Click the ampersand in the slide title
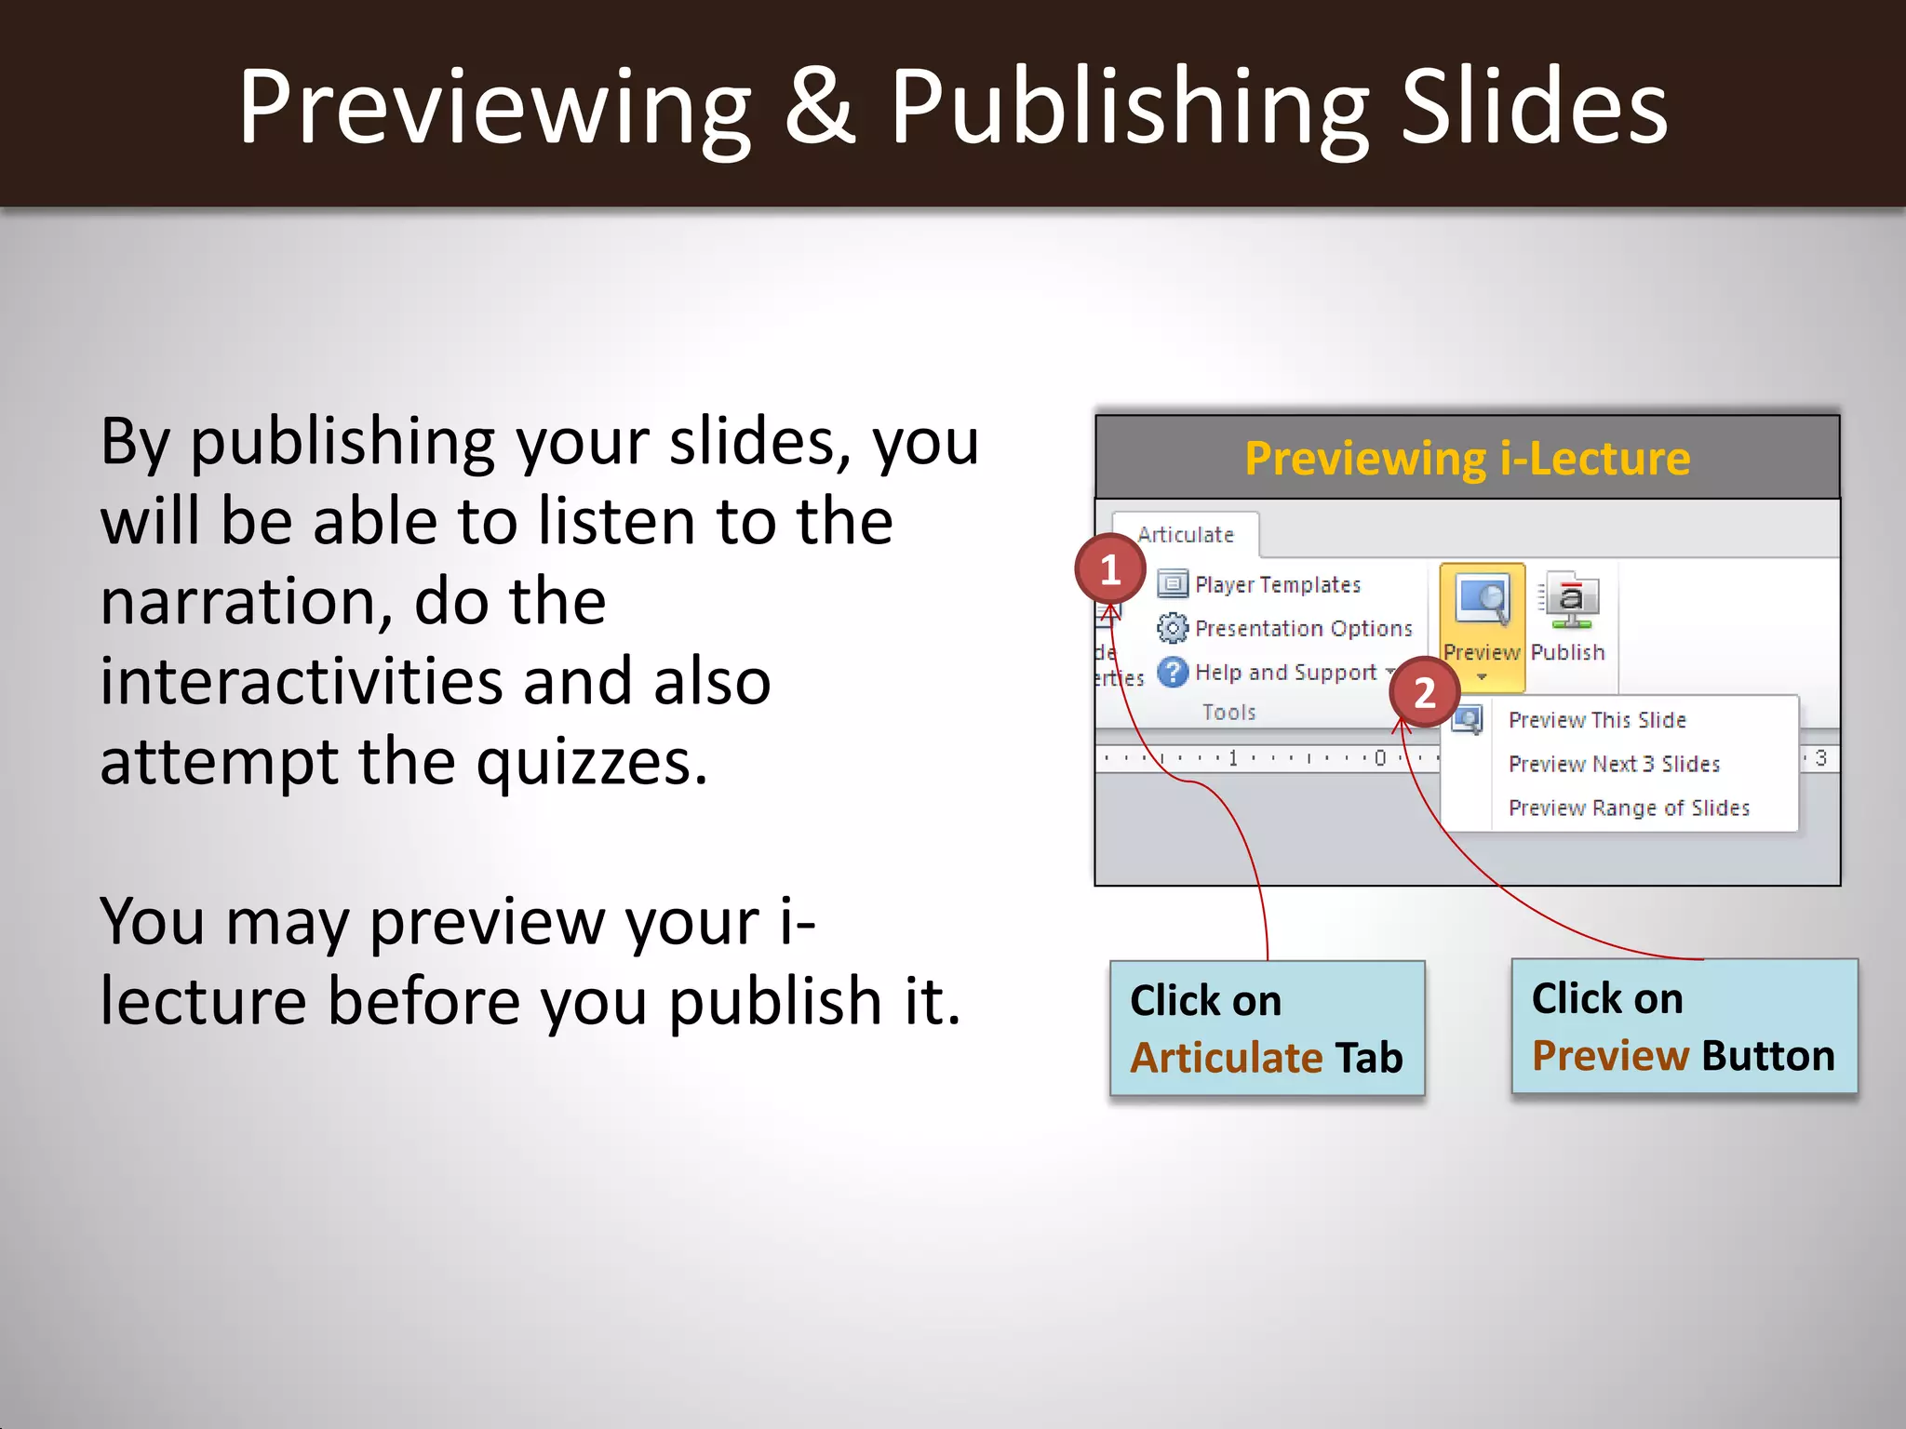coord(819,106)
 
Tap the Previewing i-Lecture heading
coord(1467,459)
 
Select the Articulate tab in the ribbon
coord(1185,535)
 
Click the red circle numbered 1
coord(1109,569)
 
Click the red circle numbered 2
coord(1424,693)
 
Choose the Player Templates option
coord(1277,585)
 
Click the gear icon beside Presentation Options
coord(1172,629)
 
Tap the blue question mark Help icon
coord(1172,672)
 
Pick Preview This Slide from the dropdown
coord(1596,720)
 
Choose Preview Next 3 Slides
coord(1614,764)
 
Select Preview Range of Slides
coord(1628,808)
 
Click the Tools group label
coord(1228,713)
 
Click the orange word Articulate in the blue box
coord(1226,1058)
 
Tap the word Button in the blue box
coord(1767,1056)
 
